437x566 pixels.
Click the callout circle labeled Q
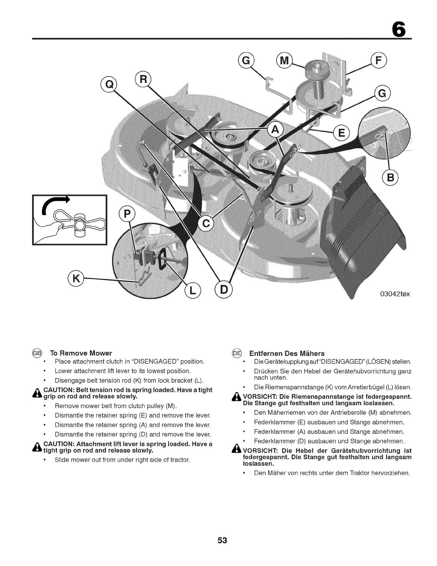click(110, 84)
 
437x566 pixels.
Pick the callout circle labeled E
click(341, 134)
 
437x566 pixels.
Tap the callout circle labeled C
click(205, 224)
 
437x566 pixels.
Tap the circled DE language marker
click(237, 353)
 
